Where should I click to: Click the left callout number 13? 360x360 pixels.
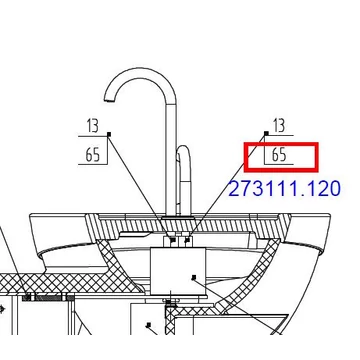tap(93, 126)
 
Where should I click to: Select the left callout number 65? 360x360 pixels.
tap(93, 155)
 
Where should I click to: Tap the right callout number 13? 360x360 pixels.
tap(279, 125)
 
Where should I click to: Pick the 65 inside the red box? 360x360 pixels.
tap(279, 155)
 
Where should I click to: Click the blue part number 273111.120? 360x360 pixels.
tap(285, 189)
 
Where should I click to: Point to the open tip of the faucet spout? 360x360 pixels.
tap(109, 99)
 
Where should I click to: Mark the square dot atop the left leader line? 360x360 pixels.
tap(109, 134)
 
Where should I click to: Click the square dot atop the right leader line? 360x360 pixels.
tap(266, 133)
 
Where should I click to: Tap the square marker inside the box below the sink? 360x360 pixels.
tap(194, 277)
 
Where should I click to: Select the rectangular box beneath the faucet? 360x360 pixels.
tap(178, 271)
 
